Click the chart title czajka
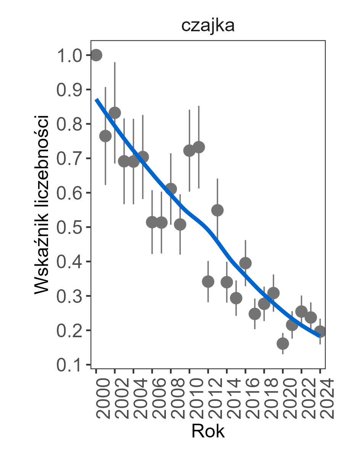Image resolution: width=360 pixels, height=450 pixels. [207, 26]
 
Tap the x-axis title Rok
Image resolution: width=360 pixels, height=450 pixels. [208, 431]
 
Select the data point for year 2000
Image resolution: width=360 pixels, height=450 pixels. [96, 55]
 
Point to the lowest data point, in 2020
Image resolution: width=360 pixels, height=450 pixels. [283, 344]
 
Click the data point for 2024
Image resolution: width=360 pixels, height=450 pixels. [320, 331]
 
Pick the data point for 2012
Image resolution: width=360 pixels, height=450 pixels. [208, 282]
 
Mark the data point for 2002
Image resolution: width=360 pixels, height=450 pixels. [115, 113]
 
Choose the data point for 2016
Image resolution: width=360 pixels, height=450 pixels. [245, 263]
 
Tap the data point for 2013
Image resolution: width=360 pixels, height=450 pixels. [217, 210]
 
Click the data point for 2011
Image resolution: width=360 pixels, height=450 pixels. [199, 147]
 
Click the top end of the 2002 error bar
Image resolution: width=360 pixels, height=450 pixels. [115, 62]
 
